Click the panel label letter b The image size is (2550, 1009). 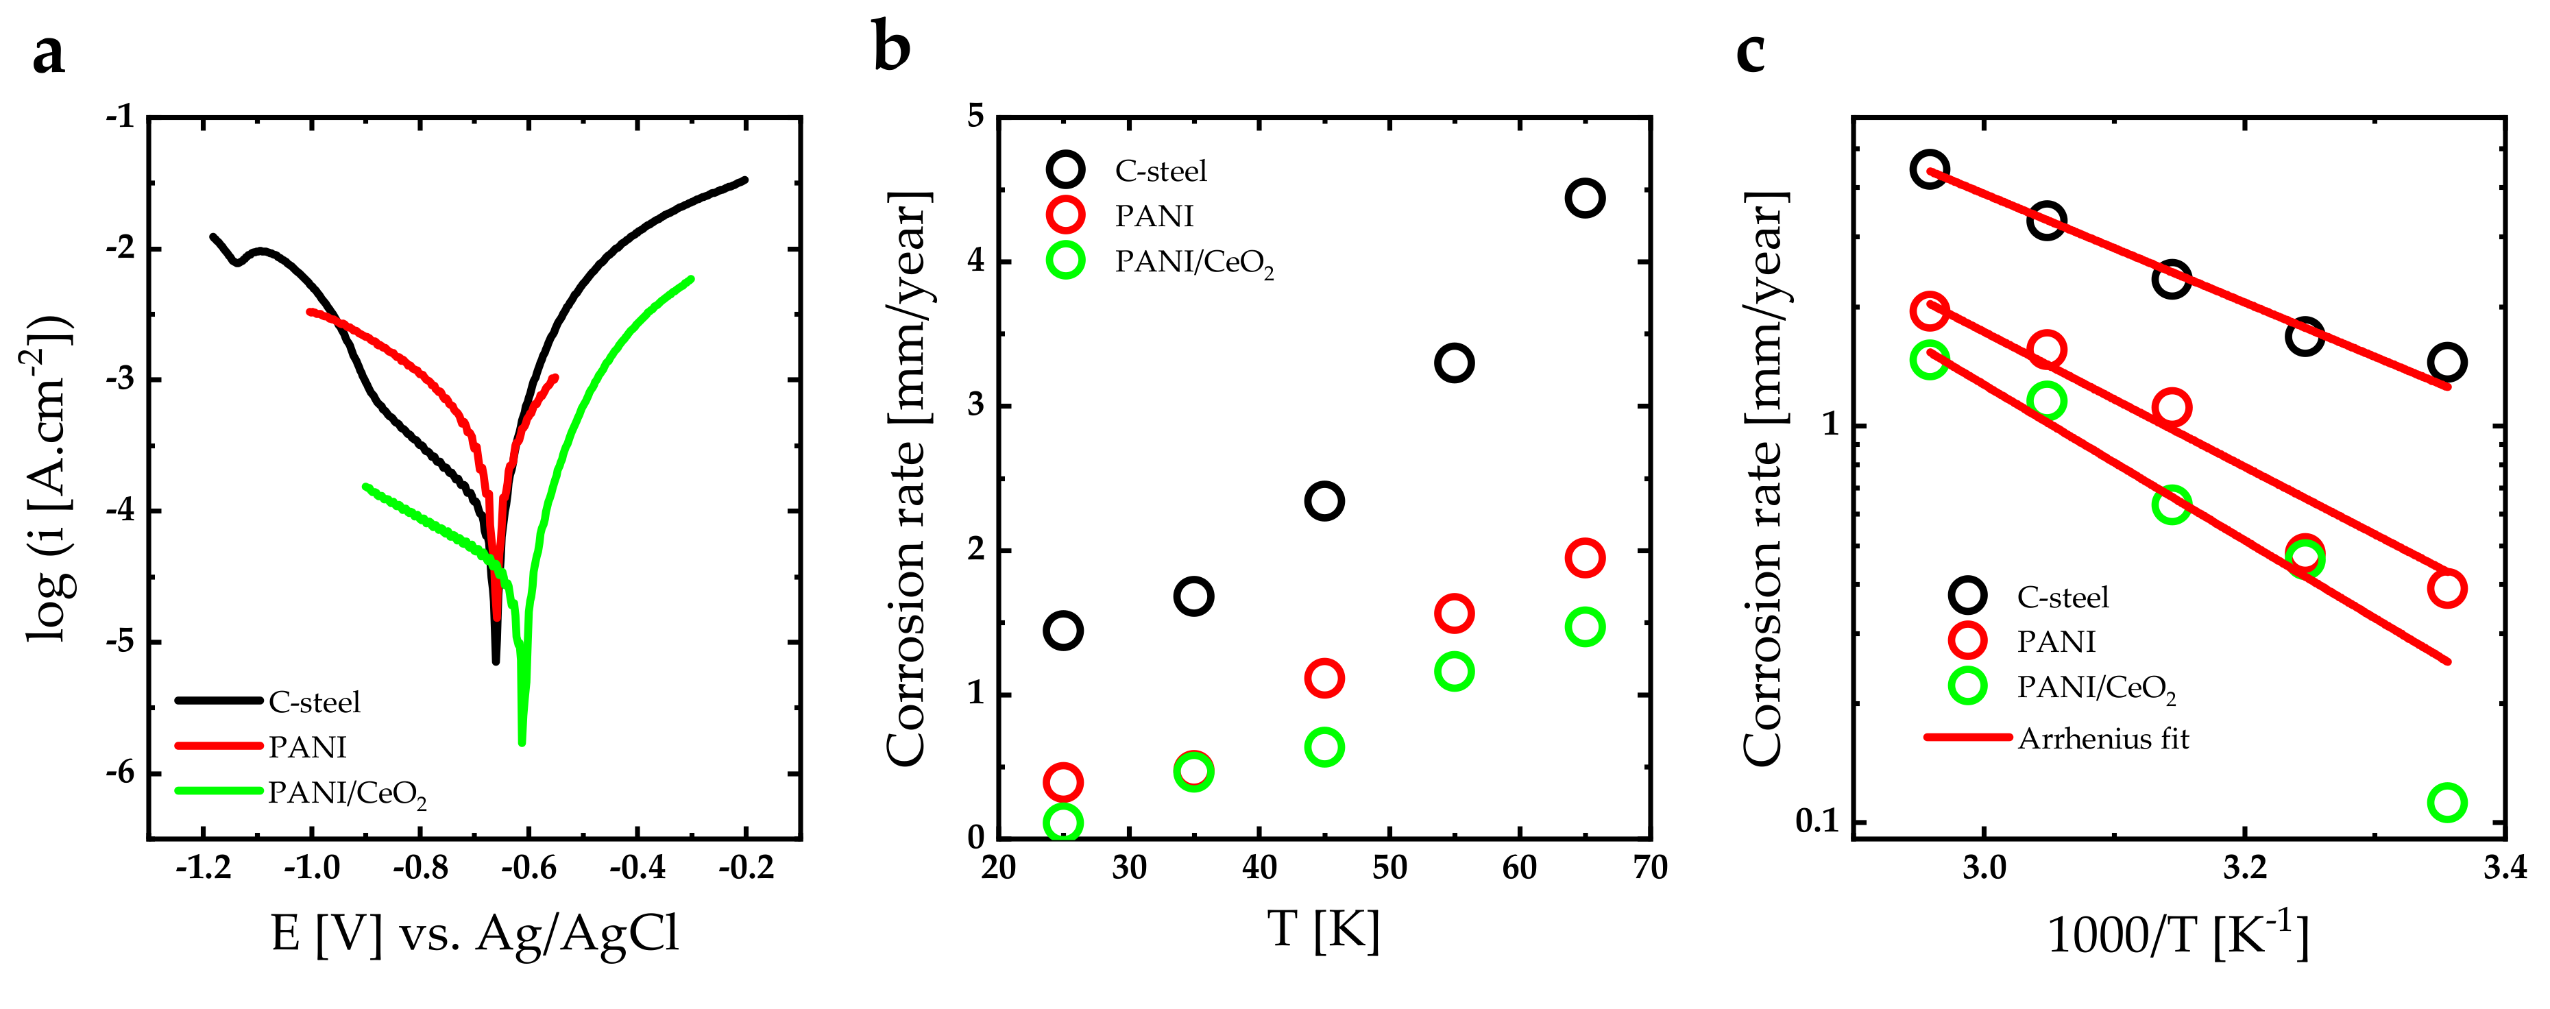(891, 47)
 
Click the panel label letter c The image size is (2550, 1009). (1750, 51)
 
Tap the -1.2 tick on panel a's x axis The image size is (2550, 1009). (203, 869)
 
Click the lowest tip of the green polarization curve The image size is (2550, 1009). (522, 741)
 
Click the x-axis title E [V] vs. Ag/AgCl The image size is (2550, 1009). (475, 933)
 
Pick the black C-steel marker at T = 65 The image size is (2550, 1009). (1585, 198)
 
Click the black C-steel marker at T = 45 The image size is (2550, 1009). (1324, 501)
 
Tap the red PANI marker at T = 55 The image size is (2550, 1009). (1453, 614)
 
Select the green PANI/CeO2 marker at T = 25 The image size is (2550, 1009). (1063, 822)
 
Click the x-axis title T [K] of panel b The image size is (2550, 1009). (1324, 931)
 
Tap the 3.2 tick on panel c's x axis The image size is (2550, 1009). (2245, 869)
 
